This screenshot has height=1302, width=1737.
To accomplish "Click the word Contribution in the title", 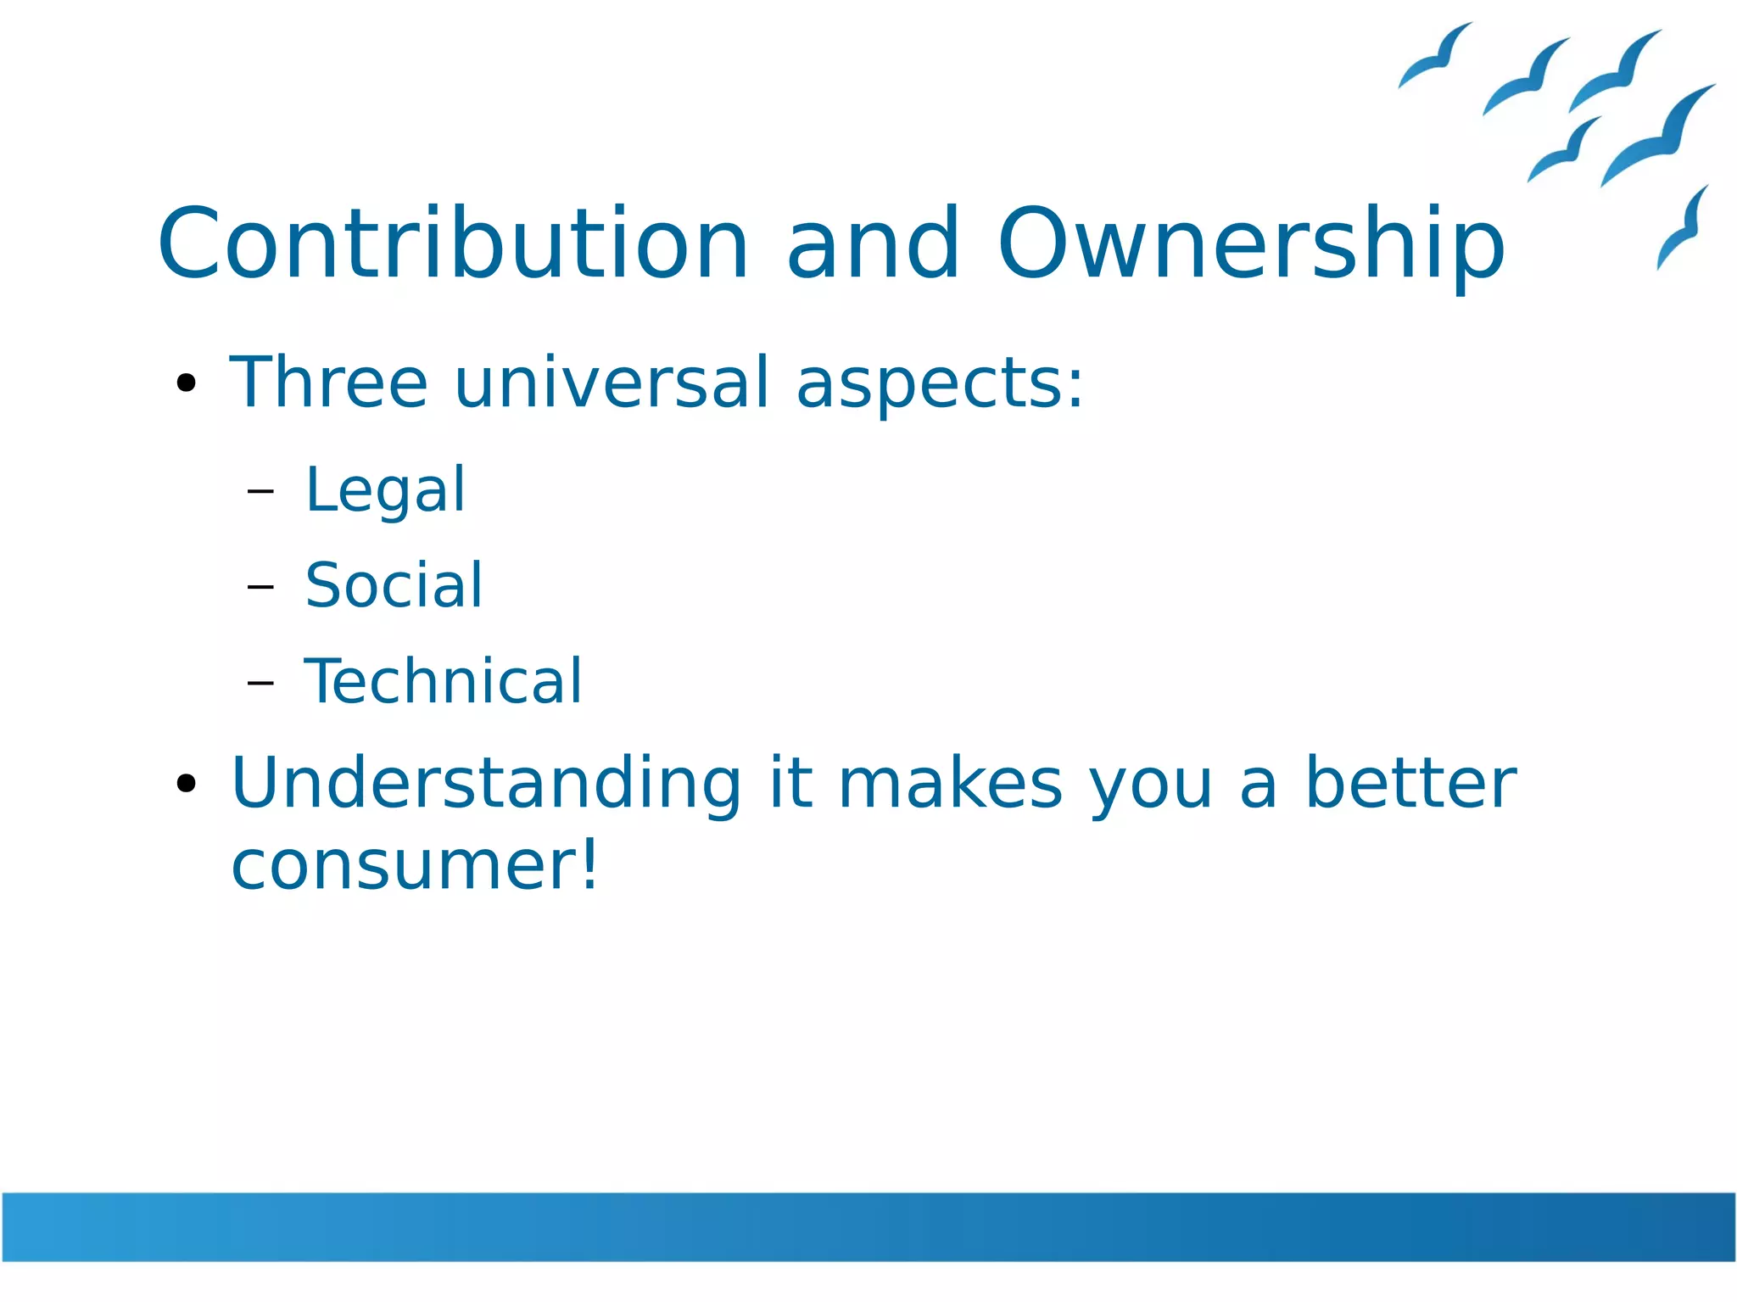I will coord(453,244).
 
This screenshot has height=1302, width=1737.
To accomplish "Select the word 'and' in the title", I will coord(873,244).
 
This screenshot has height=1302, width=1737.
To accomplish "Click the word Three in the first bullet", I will coord(328,383).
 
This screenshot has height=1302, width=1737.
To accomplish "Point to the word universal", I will coord(612,383).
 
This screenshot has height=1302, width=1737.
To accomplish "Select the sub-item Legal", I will coord(385,491).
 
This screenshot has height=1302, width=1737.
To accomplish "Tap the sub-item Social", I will coord(394,586).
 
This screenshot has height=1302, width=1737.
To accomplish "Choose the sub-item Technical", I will coord(443,682).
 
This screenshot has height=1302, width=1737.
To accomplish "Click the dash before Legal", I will coord(260,491).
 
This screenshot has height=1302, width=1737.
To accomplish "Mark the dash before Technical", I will coord(260,682).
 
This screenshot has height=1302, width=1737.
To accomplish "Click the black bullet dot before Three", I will coord(186,383).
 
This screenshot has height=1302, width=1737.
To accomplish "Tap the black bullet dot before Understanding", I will coord(186,783).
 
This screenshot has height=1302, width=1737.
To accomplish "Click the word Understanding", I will coord(487,785).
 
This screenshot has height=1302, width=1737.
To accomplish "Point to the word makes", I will coord(950,783).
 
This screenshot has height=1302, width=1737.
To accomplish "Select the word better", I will coord(1410,783).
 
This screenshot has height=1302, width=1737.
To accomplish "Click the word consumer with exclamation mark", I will coord(415,866).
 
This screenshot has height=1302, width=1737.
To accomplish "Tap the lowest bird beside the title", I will coord(1683,229).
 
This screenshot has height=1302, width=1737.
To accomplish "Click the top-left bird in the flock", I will coord(1435,56).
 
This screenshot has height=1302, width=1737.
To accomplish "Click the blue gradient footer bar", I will coord(868,1227).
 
